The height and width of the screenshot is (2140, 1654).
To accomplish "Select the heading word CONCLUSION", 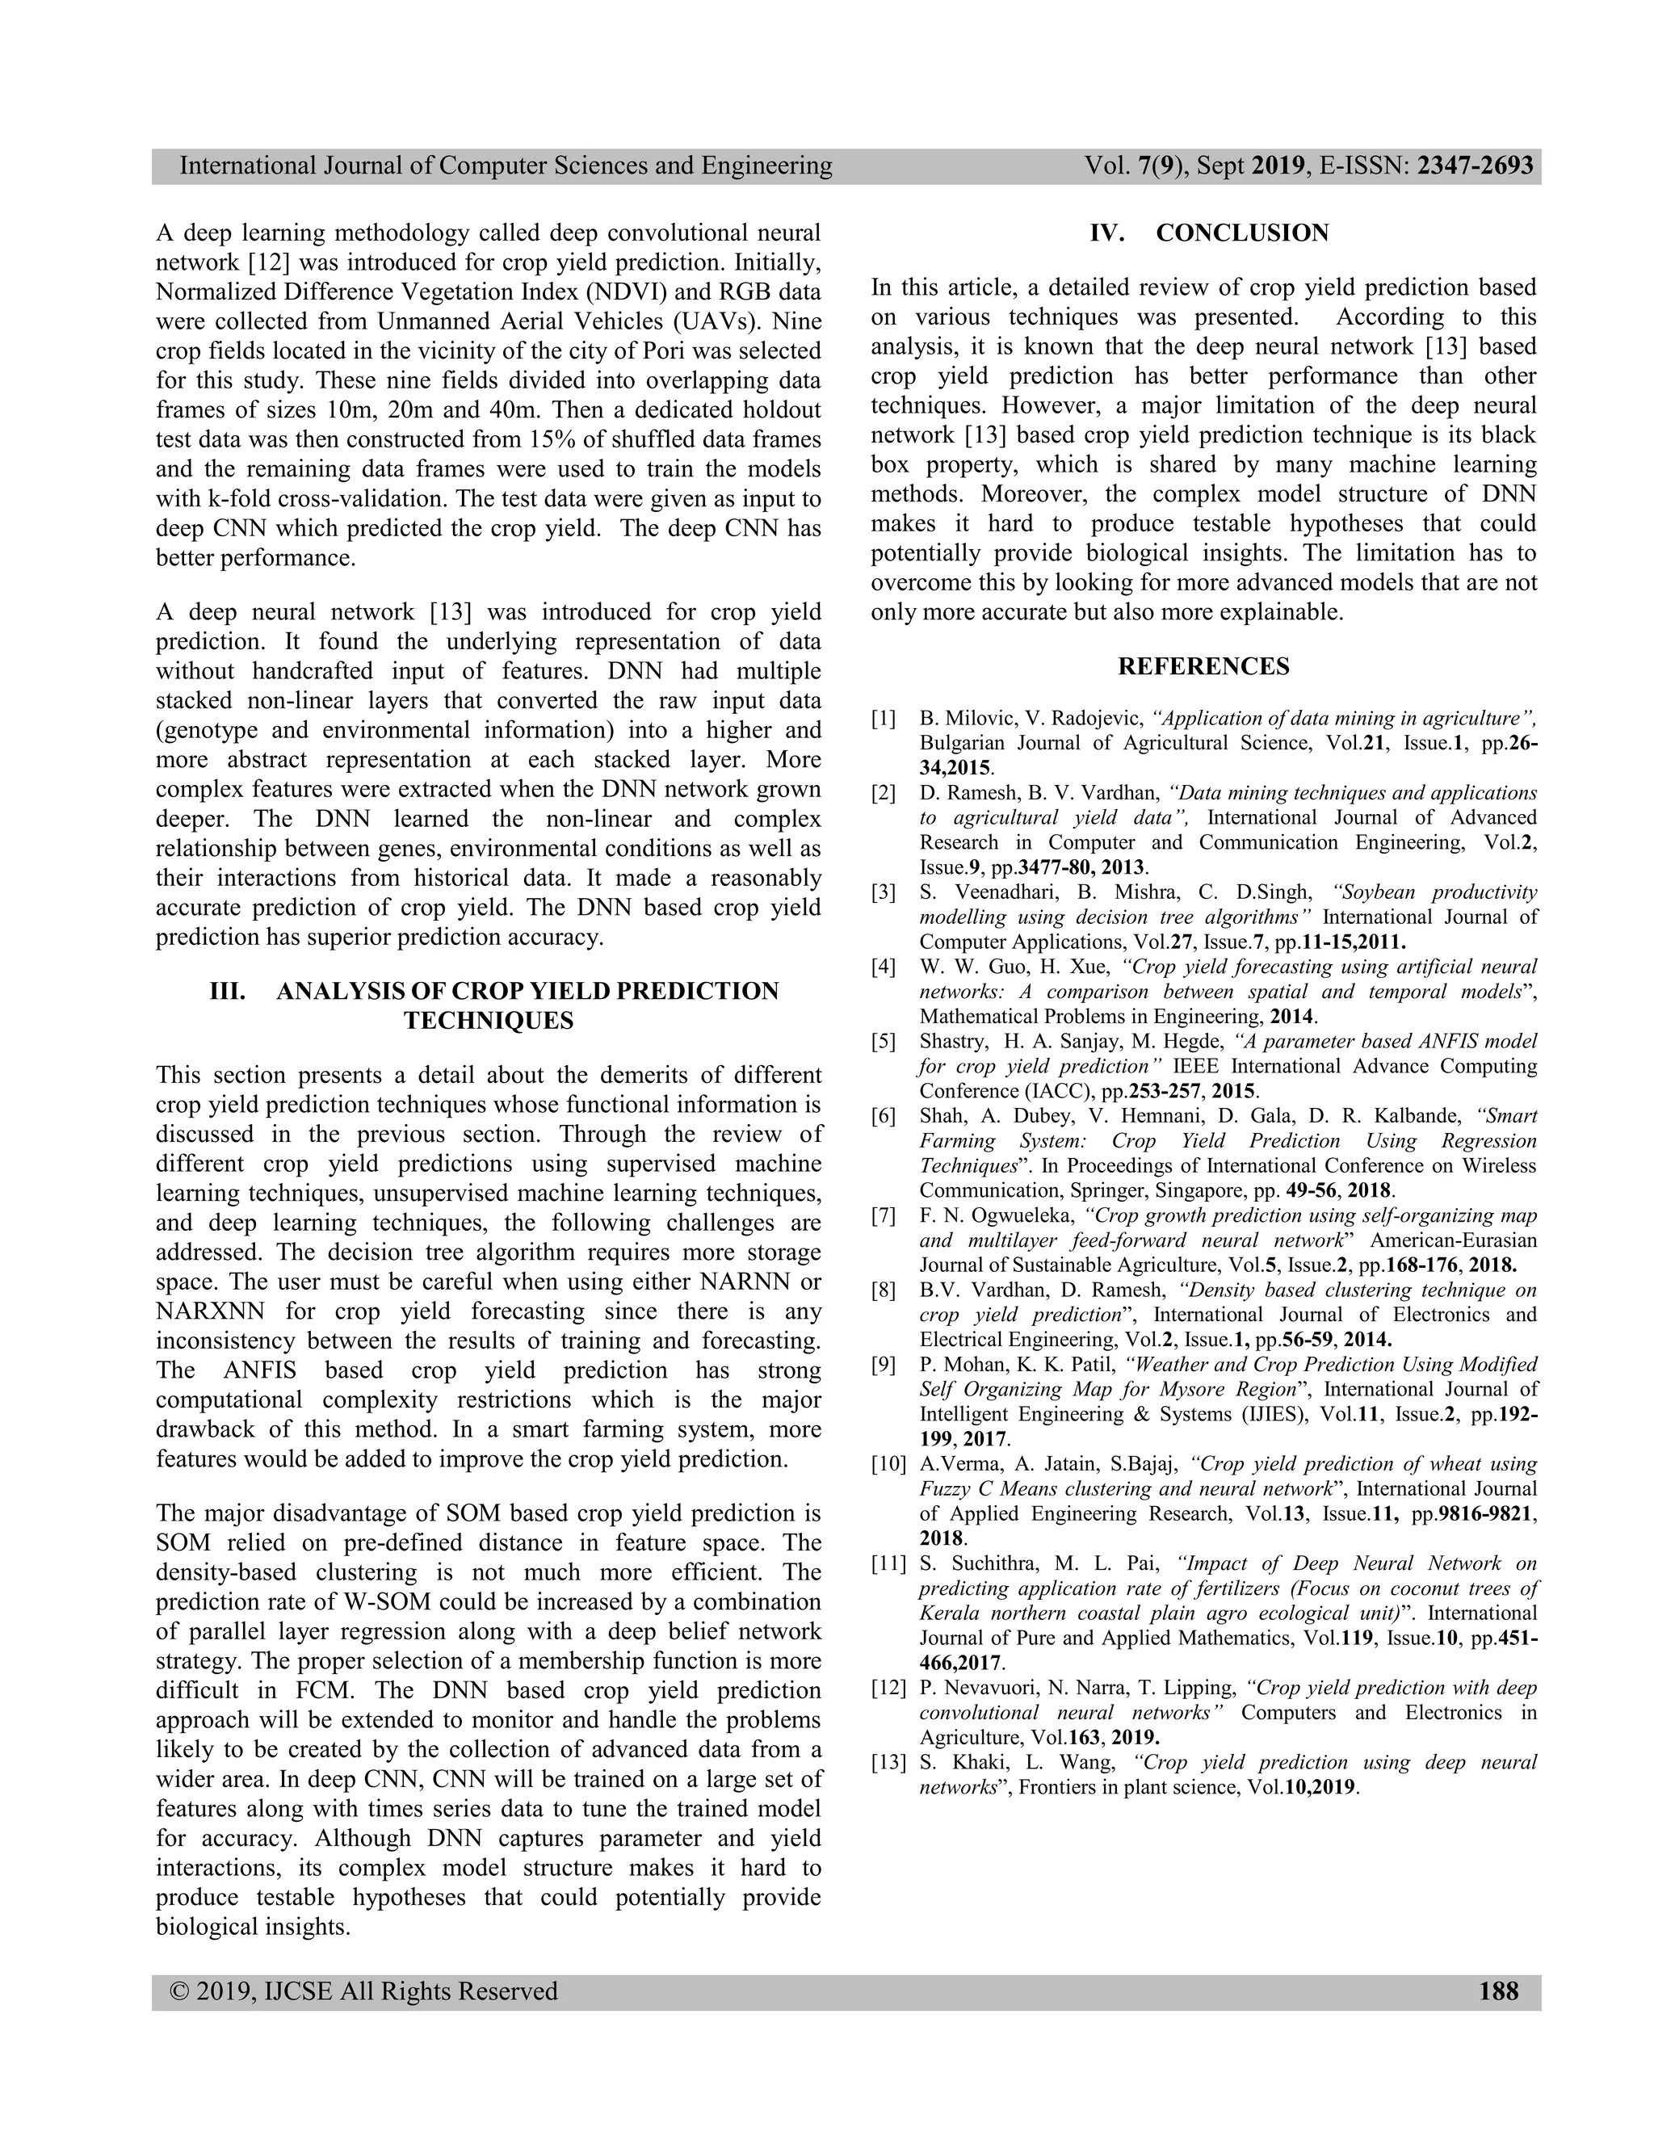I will click(1241, 233).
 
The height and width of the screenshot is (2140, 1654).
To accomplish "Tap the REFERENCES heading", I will click(1203, 666).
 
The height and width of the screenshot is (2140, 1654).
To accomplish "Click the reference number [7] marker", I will click(884, 1216).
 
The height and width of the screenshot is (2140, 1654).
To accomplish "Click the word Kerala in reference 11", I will click(947, 1613).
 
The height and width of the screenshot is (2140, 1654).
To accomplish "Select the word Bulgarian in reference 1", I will click(964, 743).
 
